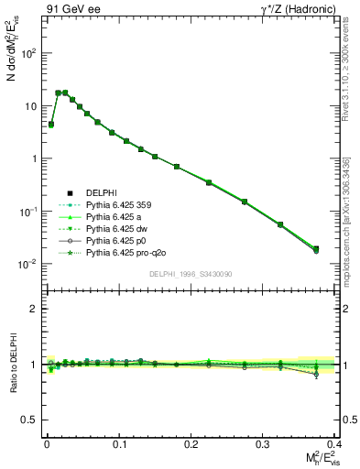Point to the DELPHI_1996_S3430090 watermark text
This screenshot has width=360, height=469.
[x=189, y=274]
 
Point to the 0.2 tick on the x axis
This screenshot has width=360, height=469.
[x=191, y=442]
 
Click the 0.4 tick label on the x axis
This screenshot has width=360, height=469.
[x=335, y=442]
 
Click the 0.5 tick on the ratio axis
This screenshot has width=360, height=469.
[x=31, y=420]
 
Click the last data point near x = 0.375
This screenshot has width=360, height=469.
[x=316, y=249]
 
